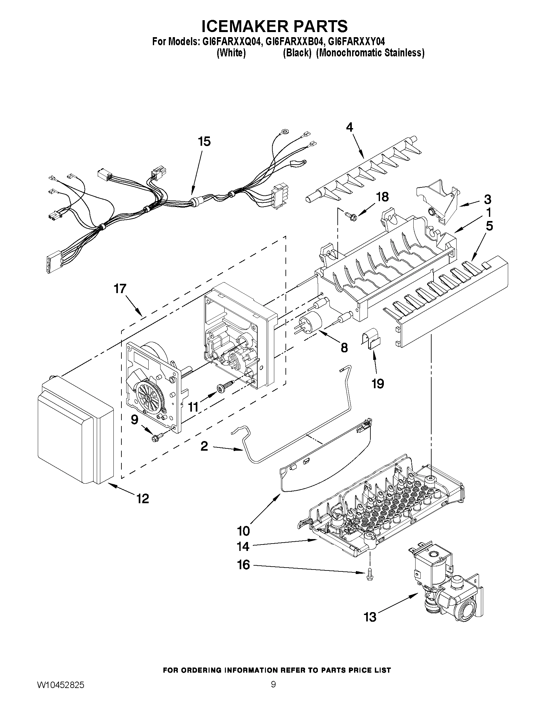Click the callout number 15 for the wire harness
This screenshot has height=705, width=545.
(204, 141)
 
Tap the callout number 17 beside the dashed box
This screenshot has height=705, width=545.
(120, 288)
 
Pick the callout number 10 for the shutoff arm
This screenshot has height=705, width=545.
(244, 530)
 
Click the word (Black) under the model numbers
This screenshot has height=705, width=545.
(297, 53)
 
